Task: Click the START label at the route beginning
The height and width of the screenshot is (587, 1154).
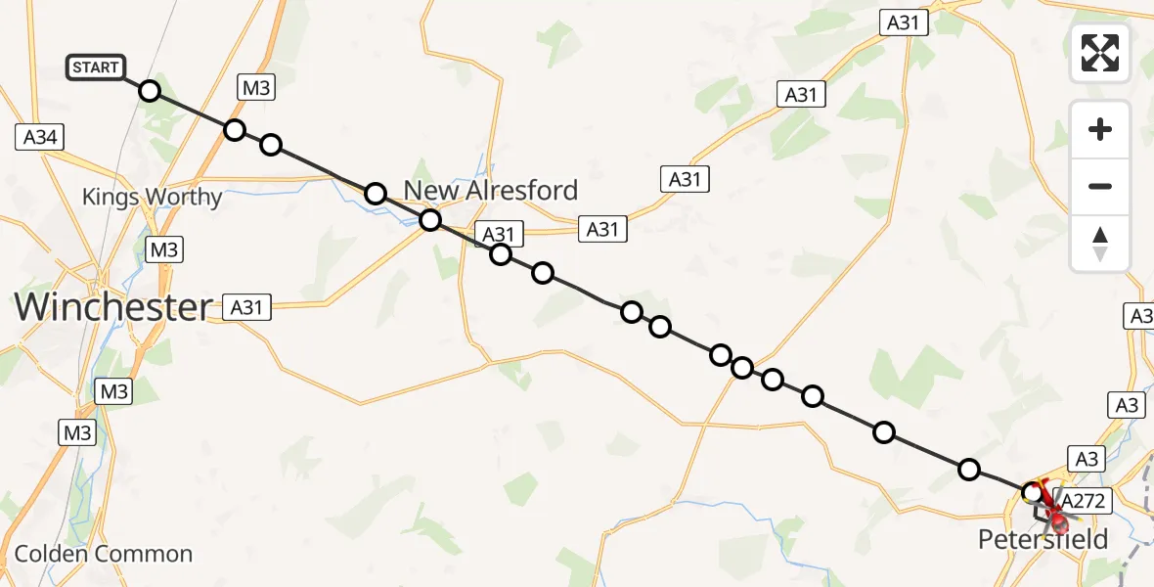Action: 96,68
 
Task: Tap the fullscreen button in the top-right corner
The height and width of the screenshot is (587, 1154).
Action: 1100,53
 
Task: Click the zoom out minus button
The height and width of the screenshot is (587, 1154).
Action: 1100,186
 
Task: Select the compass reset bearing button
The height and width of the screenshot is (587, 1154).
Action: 1100,244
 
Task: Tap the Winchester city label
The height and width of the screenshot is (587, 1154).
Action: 112,307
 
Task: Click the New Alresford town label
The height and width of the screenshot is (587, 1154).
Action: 491,190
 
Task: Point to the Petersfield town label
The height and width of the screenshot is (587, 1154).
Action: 1043,540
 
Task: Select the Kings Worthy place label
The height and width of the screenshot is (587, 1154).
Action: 152,197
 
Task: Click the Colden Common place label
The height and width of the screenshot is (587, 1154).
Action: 104,554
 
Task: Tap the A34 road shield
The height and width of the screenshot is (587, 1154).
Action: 40,137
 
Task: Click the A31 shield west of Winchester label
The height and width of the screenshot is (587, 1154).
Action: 245,307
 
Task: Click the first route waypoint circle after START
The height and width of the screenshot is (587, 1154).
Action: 149,91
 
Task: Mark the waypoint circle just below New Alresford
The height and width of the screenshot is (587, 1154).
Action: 430,220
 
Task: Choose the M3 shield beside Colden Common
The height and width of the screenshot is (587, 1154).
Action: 77,431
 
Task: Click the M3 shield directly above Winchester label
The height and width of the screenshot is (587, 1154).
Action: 163,249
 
